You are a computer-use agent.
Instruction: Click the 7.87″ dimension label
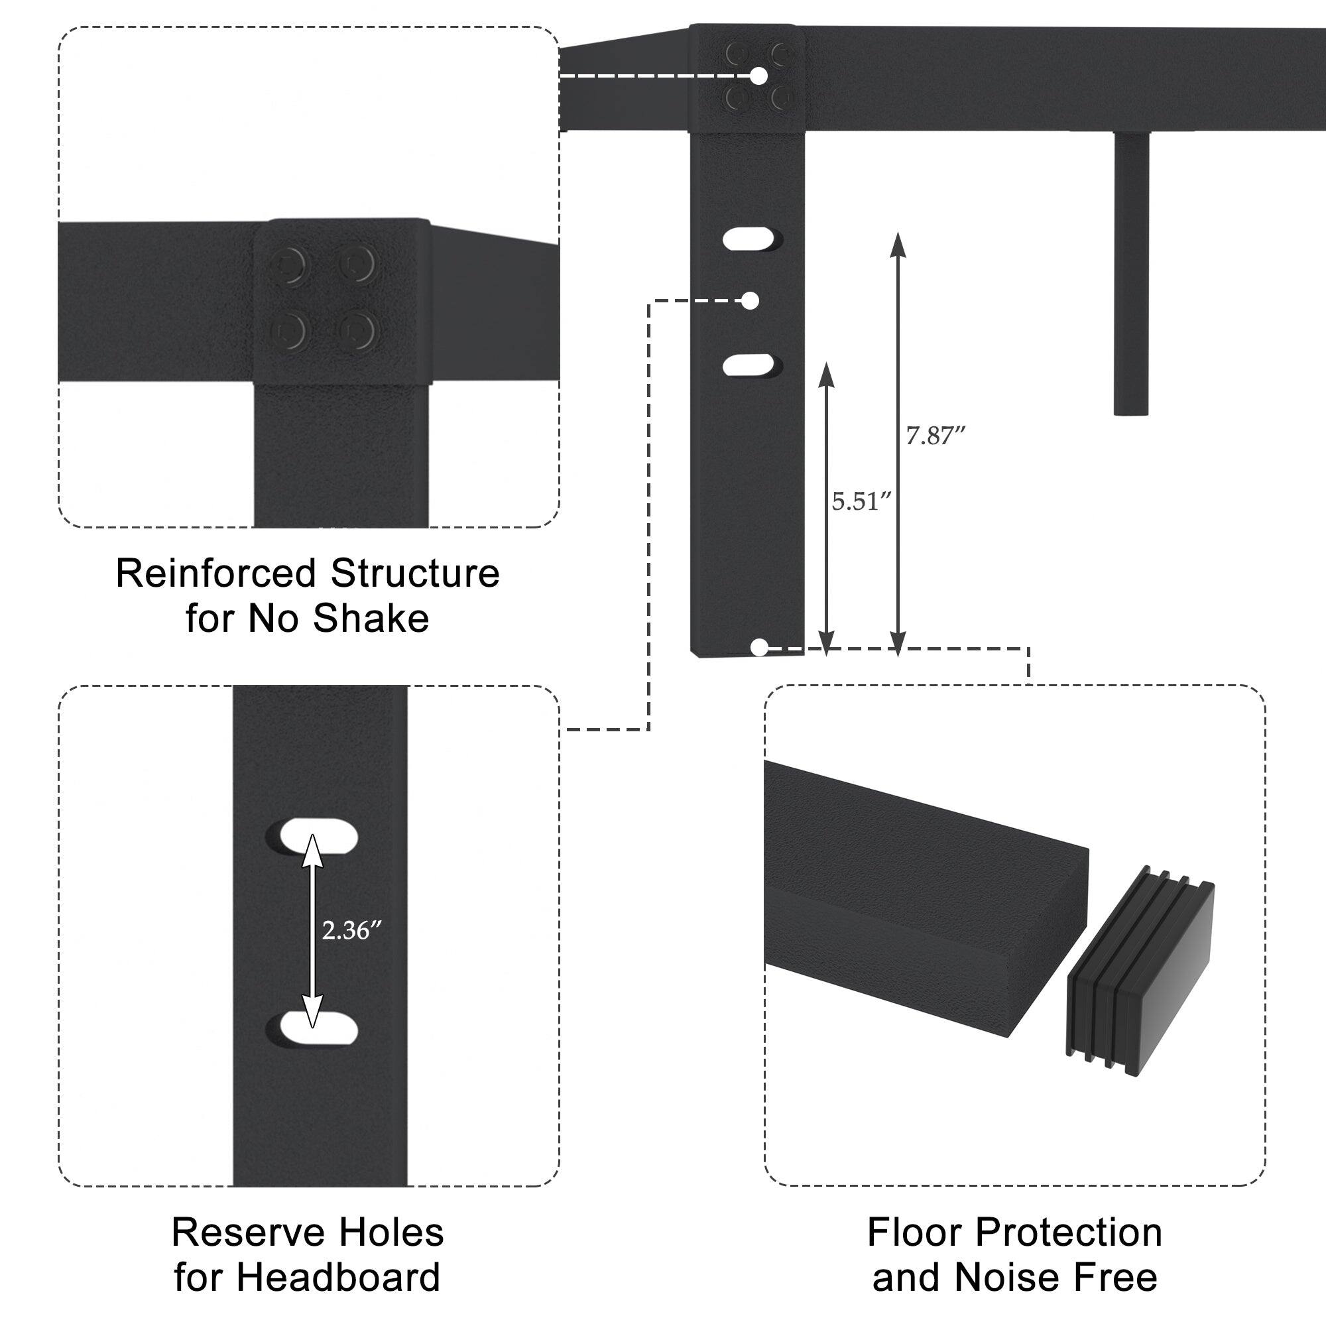(935, 436)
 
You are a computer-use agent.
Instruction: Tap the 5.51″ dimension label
(861, 502)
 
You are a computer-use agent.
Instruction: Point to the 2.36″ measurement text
(351, 931)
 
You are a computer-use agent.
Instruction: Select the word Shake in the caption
(371, 619)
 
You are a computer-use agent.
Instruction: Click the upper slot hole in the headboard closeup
(318, 835)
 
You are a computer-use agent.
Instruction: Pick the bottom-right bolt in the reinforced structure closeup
(357, 331)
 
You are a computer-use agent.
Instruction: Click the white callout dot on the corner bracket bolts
(758, 76)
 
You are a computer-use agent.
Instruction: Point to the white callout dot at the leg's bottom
(758, 646)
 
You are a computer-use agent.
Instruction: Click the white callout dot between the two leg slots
(751, 300)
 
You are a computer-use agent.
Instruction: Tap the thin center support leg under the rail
(1130, 274)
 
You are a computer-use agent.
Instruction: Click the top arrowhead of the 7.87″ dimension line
(898, 243)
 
